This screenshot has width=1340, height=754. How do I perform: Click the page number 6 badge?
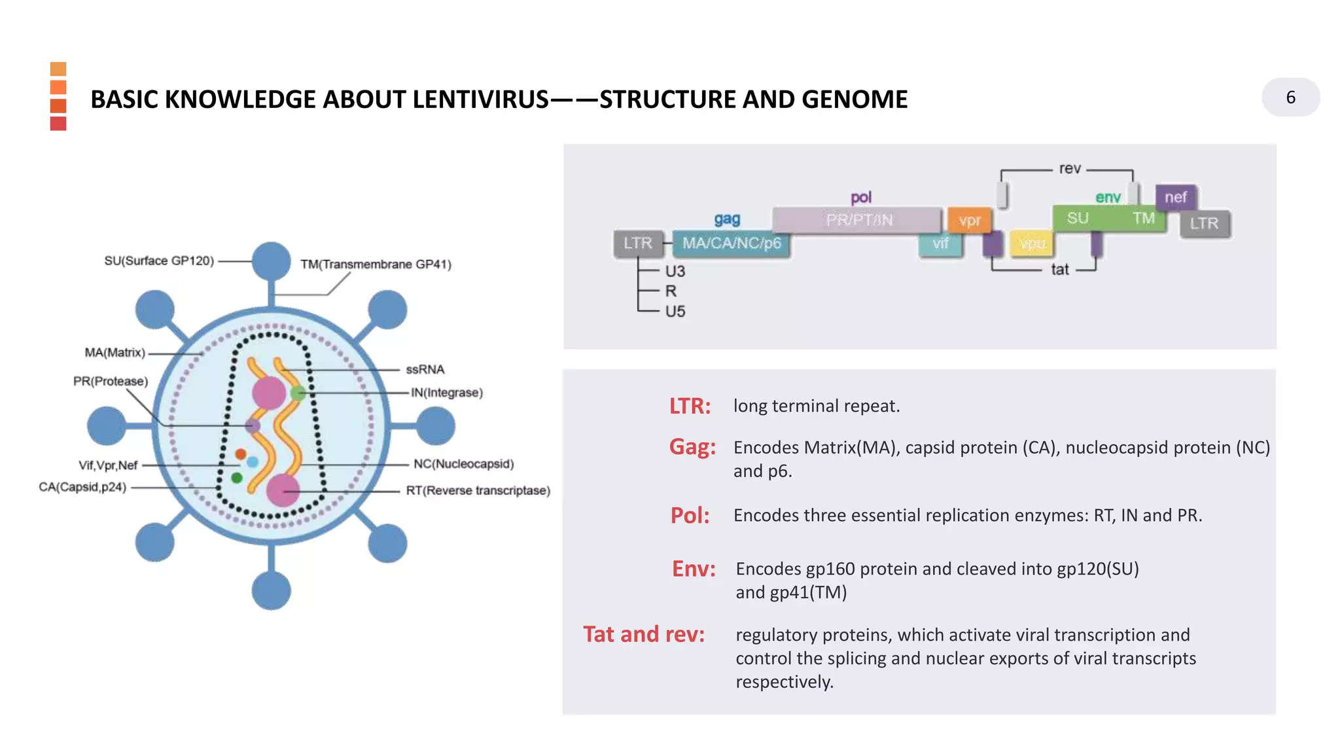tap(1290, 98)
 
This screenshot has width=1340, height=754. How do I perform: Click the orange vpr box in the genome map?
tap(969, 221)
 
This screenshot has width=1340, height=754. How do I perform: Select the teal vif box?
tap(940, 243)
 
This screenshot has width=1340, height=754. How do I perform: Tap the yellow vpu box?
tap(1032, 243)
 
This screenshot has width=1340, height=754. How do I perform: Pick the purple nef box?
tap(1176, 197)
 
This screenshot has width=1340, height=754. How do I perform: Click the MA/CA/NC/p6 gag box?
tap(732, 243)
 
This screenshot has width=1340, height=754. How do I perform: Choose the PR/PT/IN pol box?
tap(858, 220)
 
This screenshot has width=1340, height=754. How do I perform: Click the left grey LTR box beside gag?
tap(638, 243)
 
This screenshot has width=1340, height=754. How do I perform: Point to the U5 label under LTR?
tap(675, 312)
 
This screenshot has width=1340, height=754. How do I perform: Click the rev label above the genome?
tap(1070, 169)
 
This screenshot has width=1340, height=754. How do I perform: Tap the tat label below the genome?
tap(1060, 270)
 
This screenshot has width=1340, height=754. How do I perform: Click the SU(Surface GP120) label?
tap(159, 260)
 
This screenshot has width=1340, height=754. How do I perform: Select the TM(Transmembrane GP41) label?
tap(376, 264)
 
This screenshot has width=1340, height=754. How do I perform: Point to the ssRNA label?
tap(425, 369)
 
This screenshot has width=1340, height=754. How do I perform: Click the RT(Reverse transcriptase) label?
tap(478, 490)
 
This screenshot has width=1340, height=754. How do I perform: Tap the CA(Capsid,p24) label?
tap(82, 487)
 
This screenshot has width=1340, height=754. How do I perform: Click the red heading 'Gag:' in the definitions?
tap(692, 447)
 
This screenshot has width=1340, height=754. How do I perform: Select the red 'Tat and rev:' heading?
tap(644, 634)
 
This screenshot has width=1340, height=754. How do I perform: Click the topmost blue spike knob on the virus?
tap(271, 260)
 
